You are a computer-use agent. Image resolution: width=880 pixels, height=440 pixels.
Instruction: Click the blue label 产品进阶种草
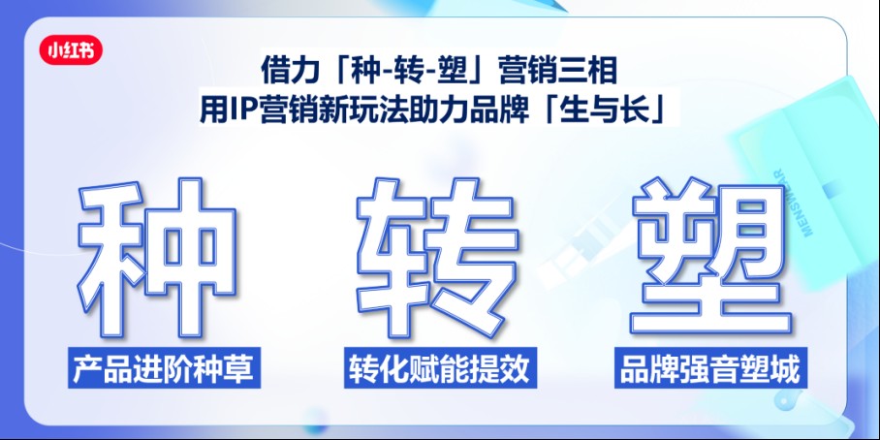pyautogui.click(x=166, y=369)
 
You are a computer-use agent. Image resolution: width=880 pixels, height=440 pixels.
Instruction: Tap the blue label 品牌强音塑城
pyautogui.click(x=710, y=369)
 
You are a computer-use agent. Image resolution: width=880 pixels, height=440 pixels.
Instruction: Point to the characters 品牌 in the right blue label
pyautogui.click(x=651, y=369)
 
